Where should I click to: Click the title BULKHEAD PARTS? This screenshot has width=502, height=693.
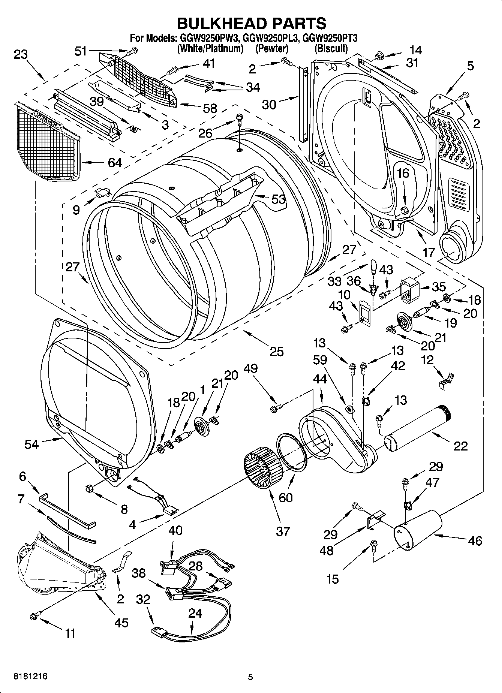pos(251,23)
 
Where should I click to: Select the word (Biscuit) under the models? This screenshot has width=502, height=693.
pos(331,48)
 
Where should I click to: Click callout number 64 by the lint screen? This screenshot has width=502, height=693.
pos(115,163)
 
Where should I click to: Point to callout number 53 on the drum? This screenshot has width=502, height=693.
pos(279,199)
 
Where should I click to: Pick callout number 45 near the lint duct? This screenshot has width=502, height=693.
pos(121,623)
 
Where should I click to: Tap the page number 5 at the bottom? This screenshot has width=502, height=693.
pos(250,677)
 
